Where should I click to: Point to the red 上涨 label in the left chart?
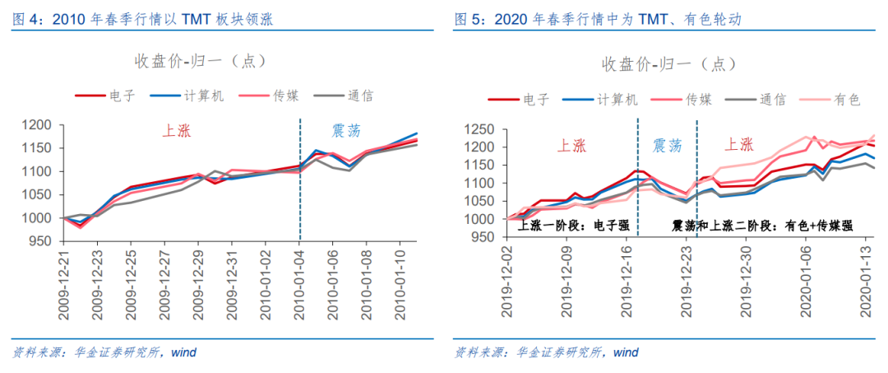click(178, 129)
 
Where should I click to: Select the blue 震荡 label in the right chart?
click(667, 146)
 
